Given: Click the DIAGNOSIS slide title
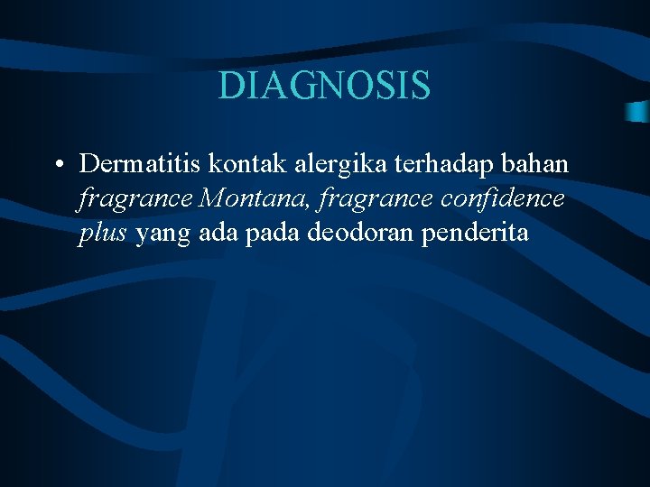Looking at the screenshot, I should coord(325,86).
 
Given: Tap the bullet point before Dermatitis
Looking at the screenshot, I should coord(57,165).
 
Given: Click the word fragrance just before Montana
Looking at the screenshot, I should coord(135,198).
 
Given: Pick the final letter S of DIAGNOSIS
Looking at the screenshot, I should coord(421,86).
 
